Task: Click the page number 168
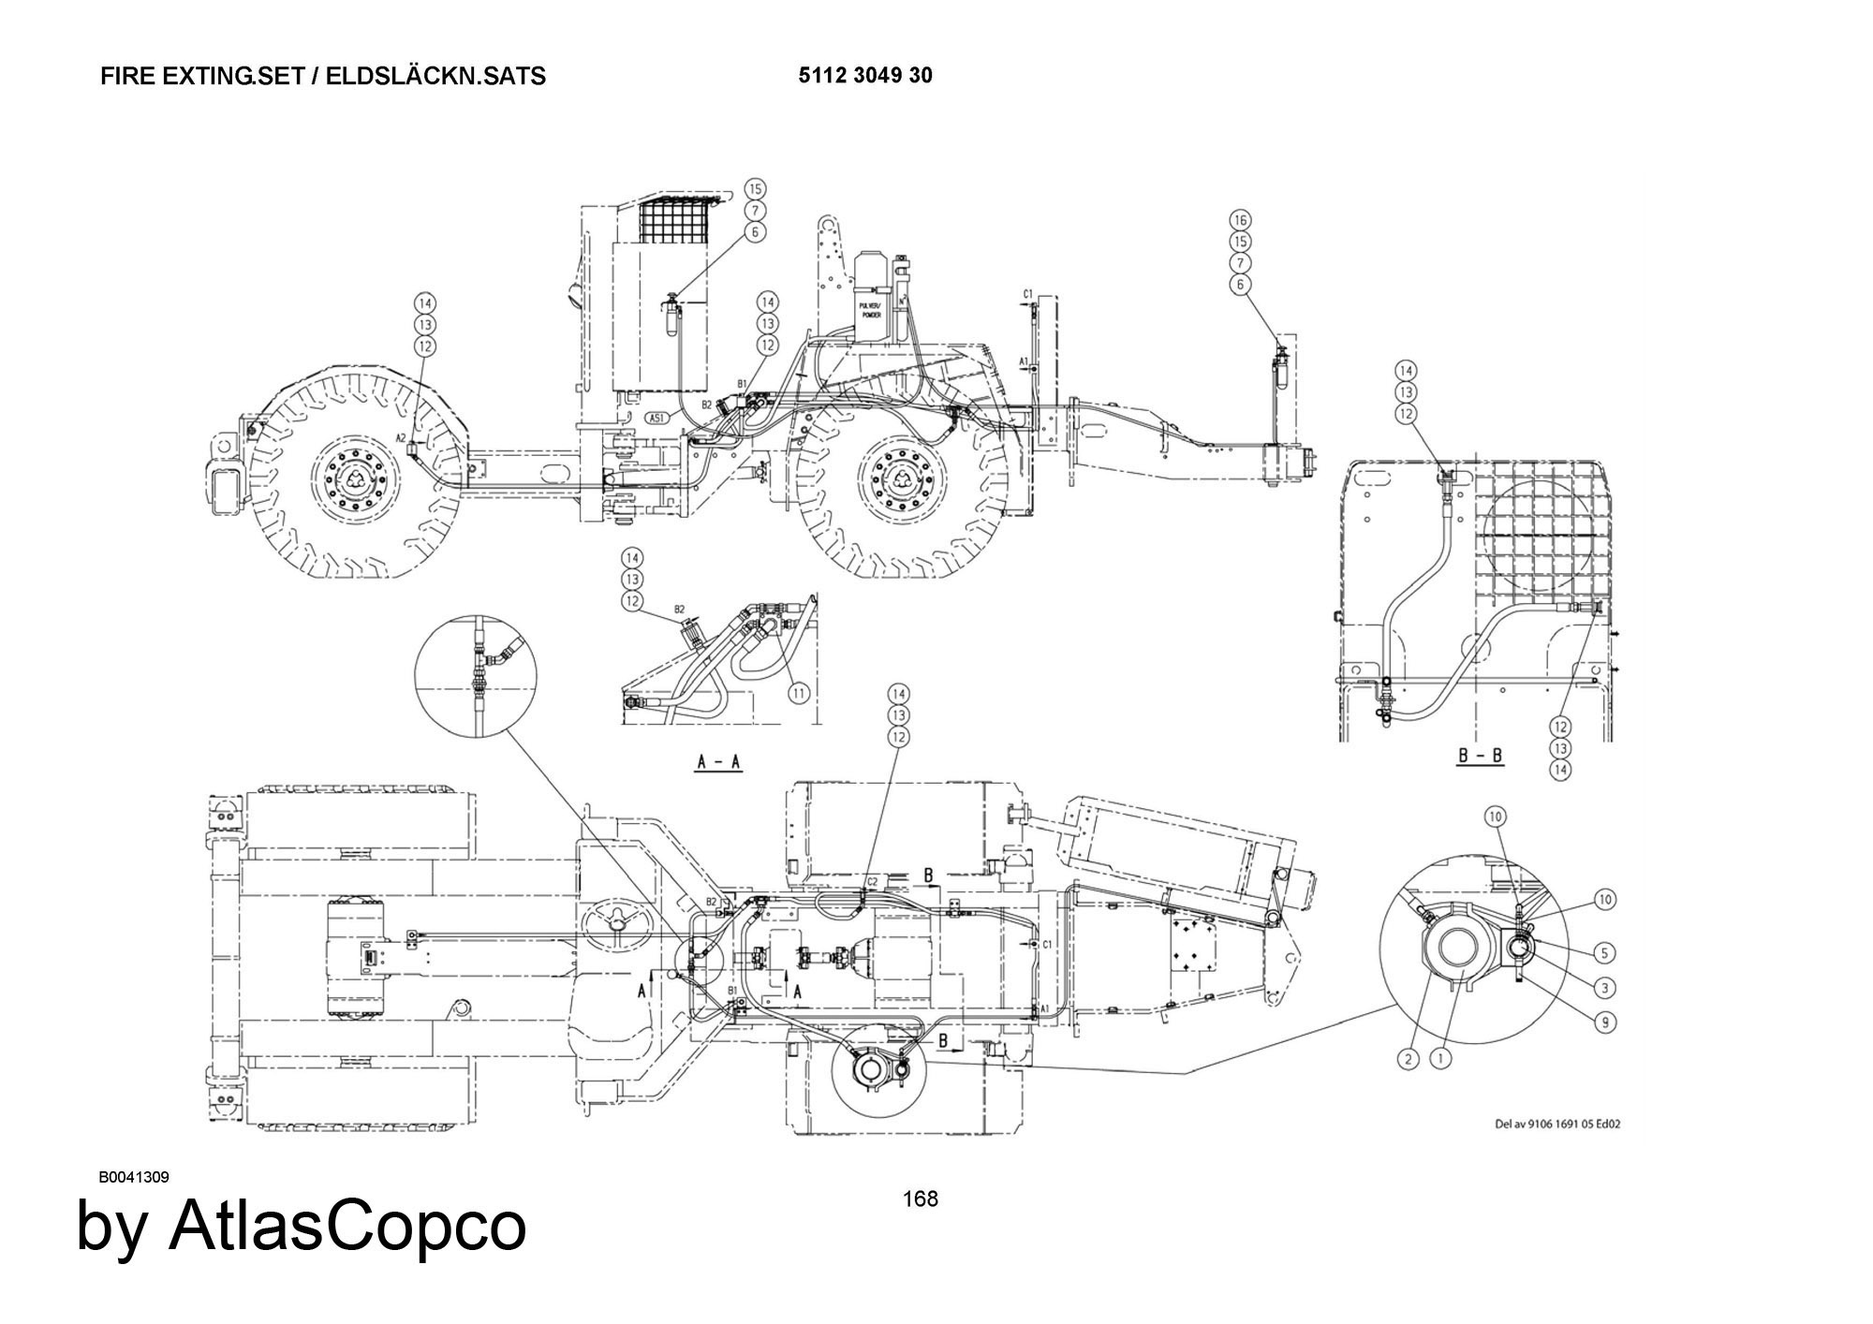(920, 1199)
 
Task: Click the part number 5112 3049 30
(865, 76)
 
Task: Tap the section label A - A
(718, 762)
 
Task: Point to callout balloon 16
(1241, 220)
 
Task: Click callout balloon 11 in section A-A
(798, 694)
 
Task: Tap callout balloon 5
(1604, 953)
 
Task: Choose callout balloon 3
(1604, 987)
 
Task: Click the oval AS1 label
(658, 418)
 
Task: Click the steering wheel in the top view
(617, 921)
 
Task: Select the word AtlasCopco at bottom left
(347, 1226)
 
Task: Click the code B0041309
(134, 1177)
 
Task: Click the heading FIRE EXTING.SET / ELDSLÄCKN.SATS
(323, 76)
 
